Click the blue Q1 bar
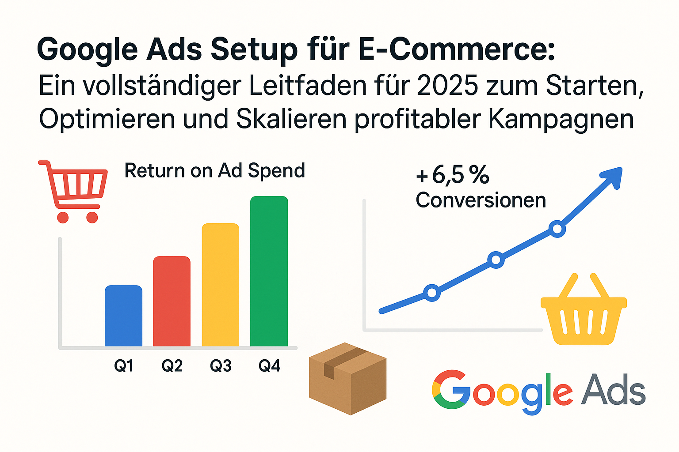(123, 316)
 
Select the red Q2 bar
(172, 301)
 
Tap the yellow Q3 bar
(220, 285)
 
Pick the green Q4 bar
(269, 271)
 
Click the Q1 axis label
(124, 365)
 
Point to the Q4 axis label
(269, 365)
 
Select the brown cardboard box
(347, 378)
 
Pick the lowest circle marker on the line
(432, 293)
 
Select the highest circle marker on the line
(557, 229)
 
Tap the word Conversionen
(481, 200)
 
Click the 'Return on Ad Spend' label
(214, 171)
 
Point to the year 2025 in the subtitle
(447, 86)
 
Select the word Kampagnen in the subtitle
(561, 119)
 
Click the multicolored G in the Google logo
(451, 389)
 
